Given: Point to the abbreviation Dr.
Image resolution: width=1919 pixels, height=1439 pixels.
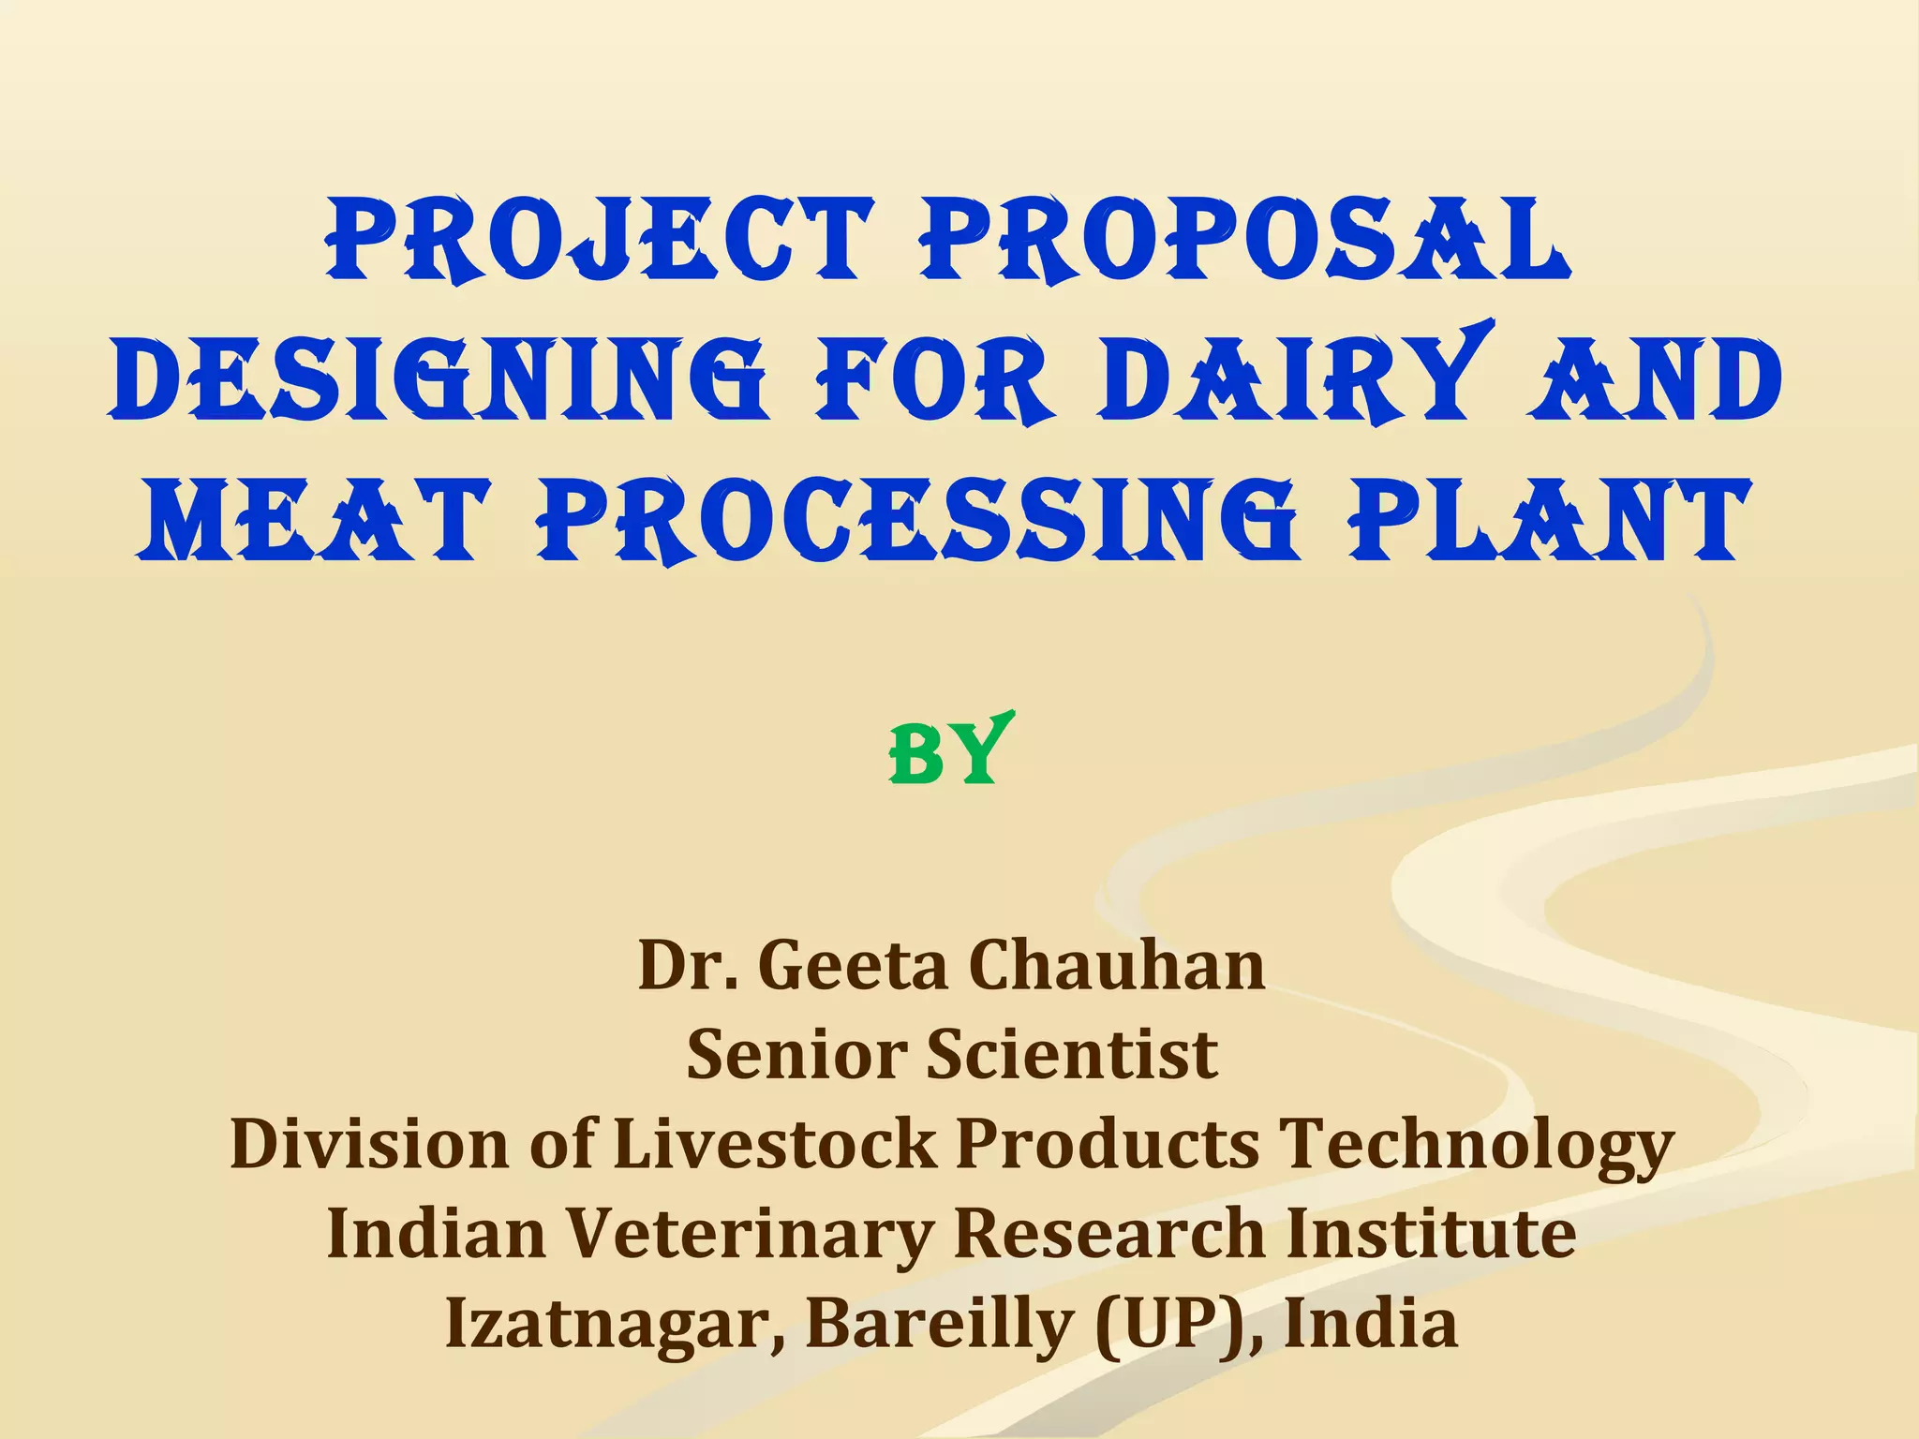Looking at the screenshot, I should pyautogui.click(x=686, y=966).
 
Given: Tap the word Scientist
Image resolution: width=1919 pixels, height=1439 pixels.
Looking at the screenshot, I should pyautogui.click(x=1073, y=1055).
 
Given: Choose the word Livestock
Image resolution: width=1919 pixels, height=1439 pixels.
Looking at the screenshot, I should pyautogui.click(x=774, y=1145).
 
